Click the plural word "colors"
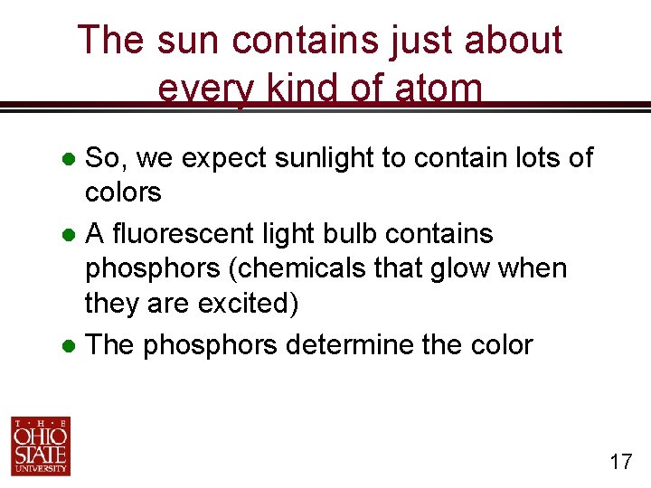[x=122, y=192]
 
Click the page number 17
[x=620, y=462]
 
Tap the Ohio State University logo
[x=41, y=446]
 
